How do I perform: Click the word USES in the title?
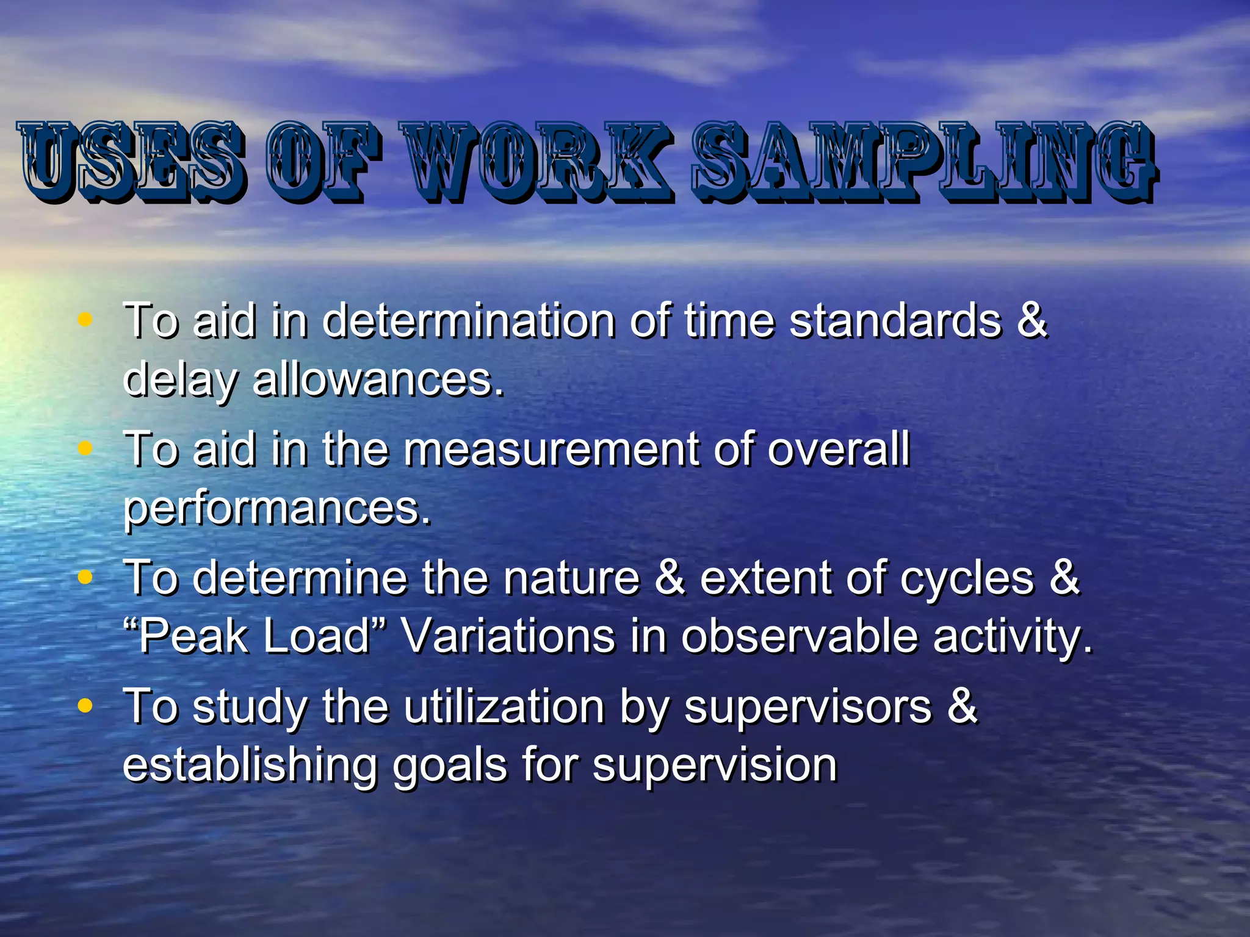tap(131, 162)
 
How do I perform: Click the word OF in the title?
tap(323, 162)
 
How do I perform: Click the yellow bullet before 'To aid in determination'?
tap(85, 318)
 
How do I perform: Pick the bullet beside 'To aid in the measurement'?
tap(85, 448)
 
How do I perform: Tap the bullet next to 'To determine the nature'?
tap(85, 576)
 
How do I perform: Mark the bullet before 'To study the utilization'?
tap(85, 706)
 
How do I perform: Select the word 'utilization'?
tap(504, 707)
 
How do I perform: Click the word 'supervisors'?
tap(808, 707)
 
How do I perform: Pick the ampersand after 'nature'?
tap(670, 578)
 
